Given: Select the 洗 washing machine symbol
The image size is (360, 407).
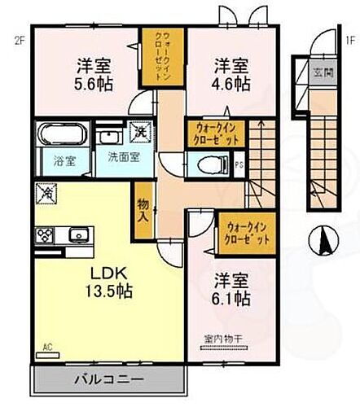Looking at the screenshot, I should (141, 131).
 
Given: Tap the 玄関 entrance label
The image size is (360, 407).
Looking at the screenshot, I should (323, 72).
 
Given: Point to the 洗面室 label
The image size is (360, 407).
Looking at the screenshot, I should (112, 159).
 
